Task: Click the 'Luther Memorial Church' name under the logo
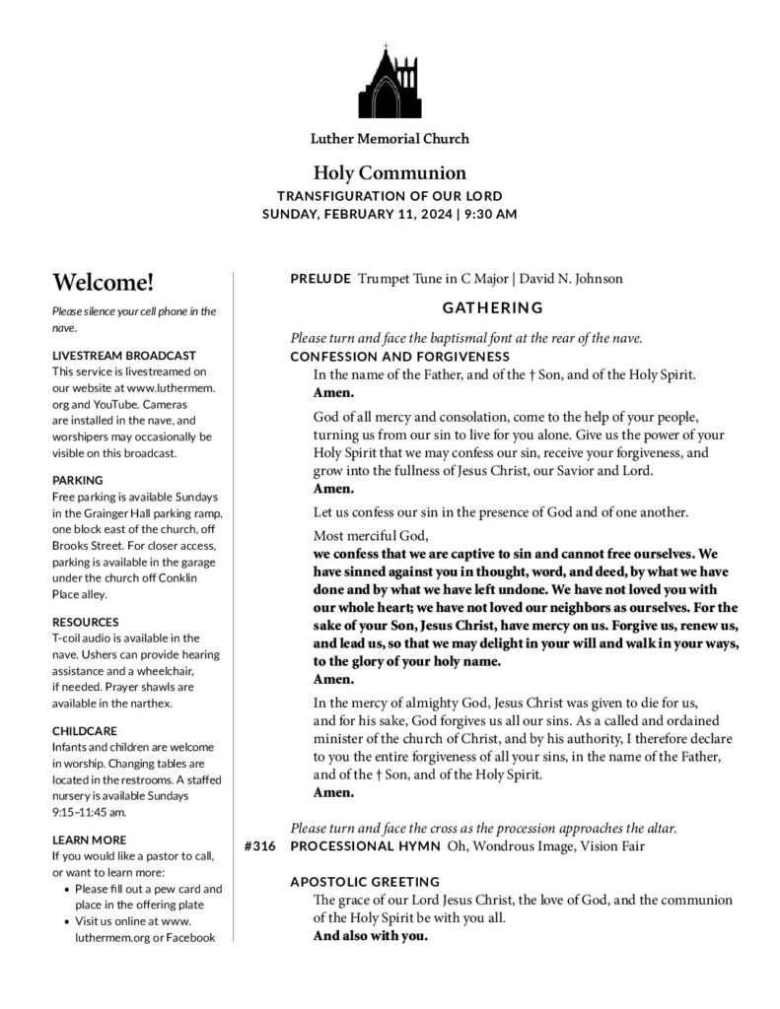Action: [x=390, y=139]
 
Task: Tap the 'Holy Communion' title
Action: [x=390, y=172]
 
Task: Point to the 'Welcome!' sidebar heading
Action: [x=104, y=283]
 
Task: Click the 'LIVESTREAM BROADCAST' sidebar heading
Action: [x=124, y=355]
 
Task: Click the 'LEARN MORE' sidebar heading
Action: [x=90, y=840]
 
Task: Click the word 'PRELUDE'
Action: [x=320, y=279]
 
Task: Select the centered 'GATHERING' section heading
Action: [x=492, y=307]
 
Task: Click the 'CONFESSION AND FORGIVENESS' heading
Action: [x=399, y=356]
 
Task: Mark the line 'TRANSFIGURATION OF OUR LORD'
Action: [x=390, y=195]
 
